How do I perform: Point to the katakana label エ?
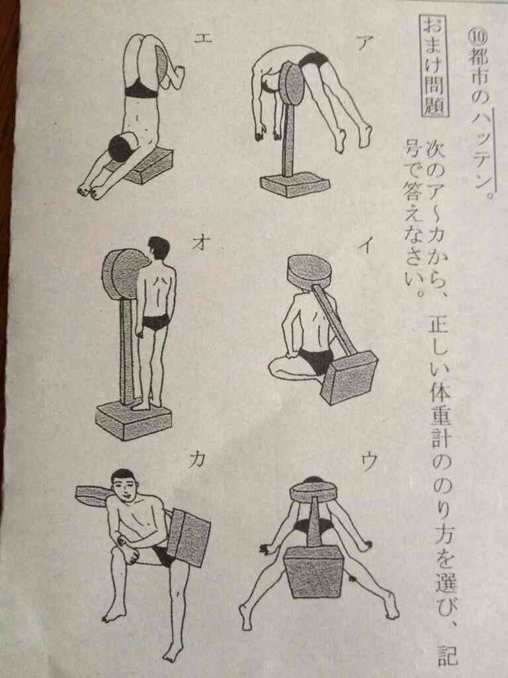[202, 38]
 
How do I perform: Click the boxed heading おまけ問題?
[435, 66]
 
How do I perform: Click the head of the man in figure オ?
[159, 249]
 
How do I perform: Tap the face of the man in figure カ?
[124, 487]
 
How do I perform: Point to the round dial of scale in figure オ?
[124, 273]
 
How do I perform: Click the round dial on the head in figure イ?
[309, 271]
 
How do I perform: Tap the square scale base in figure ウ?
[313, 571]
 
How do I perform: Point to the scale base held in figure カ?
[189, 536]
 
